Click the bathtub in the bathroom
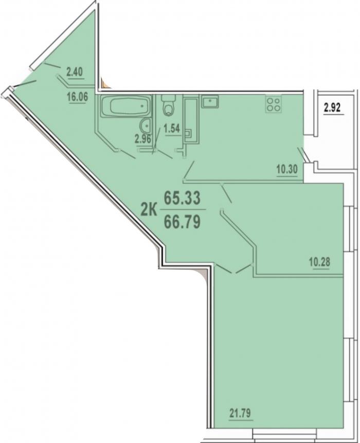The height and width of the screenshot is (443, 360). pos(126,106)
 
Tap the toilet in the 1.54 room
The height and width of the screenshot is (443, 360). pos(168,105)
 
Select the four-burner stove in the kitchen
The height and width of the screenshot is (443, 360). pos(273,104)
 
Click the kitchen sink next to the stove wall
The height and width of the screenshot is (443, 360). pos(210,101)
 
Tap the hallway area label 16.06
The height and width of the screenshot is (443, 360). pos(77,97)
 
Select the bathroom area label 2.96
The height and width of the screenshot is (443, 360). pos(143,139)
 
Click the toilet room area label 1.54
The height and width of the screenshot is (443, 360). pos(172,129)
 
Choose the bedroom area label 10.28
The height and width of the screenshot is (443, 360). pos(319,262)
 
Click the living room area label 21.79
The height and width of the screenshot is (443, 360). pos(240,413)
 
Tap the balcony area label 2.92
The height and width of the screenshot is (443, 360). pos(333,108)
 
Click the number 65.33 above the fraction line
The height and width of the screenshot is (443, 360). pos(183,198)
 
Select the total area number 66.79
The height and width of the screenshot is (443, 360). pos(183,221)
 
